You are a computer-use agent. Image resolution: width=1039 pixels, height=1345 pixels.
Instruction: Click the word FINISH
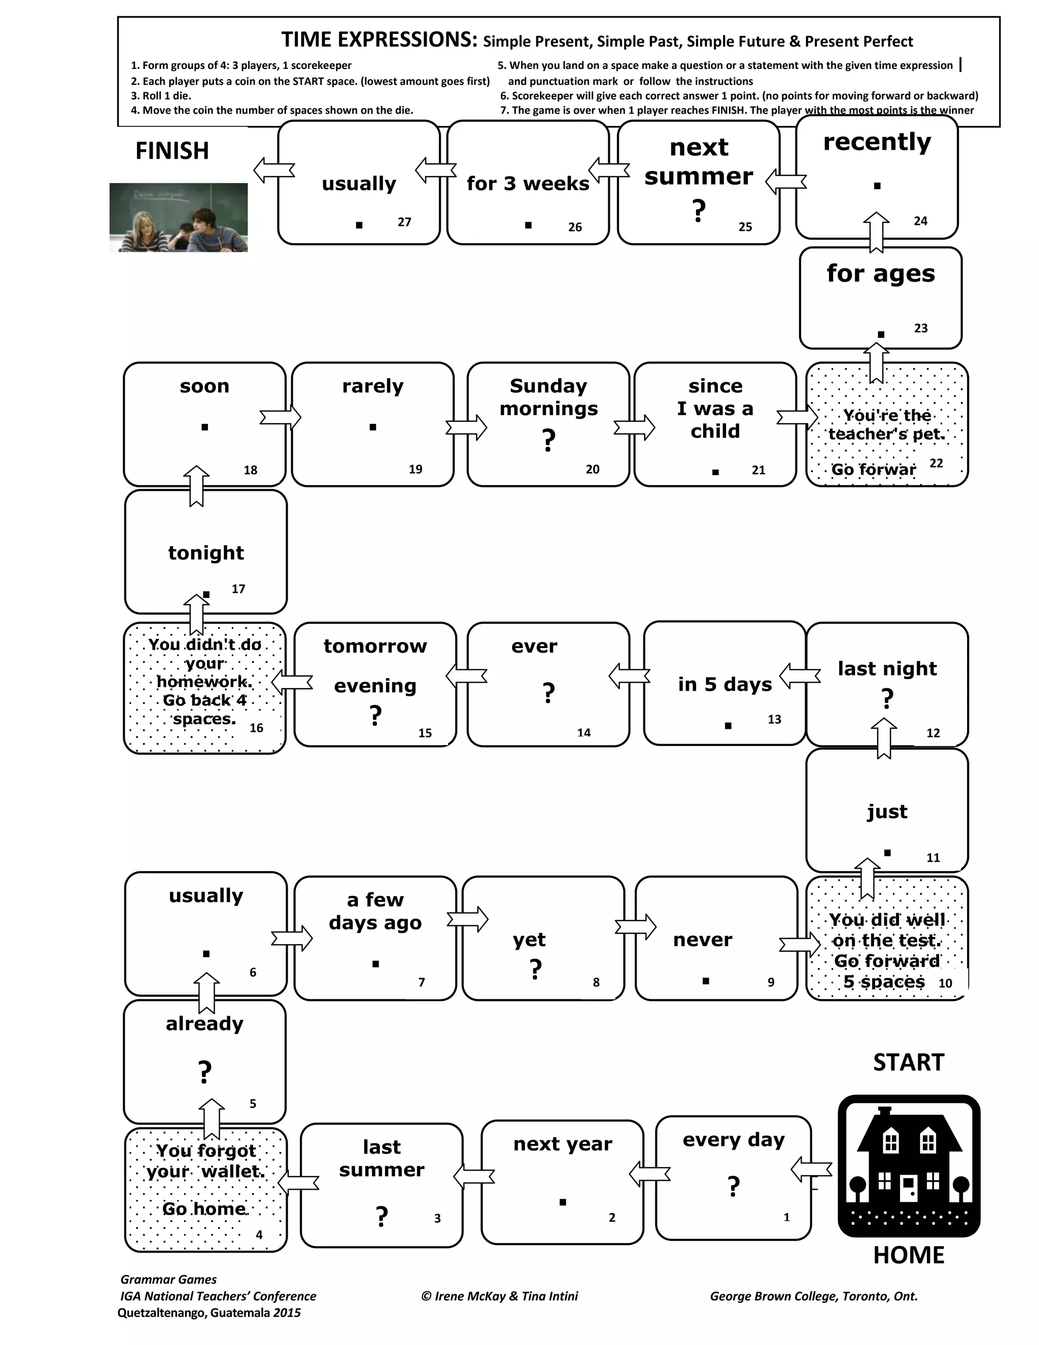[x=172, y=151]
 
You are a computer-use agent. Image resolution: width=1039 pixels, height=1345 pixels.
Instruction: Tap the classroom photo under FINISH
[x=179, y=217]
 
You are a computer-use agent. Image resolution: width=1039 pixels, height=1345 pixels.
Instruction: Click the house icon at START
[x=909, y=1165]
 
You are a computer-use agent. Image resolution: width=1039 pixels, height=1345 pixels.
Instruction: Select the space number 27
[x=404, y=222]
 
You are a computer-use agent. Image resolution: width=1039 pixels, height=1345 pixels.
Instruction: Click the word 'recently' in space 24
[x=877, y=142]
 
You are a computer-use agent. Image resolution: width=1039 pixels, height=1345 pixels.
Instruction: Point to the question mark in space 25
[x=698, y=211]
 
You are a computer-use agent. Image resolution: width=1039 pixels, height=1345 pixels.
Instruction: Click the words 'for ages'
[x=880, y=274]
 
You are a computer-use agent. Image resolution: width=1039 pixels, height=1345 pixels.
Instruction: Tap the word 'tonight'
[x=205, y=553]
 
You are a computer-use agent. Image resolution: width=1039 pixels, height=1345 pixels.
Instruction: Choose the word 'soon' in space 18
[x=204, y=386]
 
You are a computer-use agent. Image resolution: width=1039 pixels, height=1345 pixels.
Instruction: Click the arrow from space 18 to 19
[x=280, y=418]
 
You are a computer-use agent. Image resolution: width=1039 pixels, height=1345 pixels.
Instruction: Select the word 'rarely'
[x=372, y=386]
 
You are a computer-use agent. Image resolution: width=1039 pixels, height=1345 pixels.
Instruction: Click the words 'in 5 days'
[x=724, y=684]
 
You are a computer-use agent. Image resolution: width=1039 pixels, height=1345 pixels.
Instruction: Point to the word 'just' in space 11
[x=887, y=812]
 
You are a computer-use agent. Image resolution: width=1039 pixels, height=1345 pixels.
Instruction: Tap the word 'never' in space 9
[x=702, y=940]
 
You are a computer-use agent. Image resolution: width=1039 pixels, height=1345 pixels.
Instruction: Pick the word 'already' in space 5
[x=204, y=1024]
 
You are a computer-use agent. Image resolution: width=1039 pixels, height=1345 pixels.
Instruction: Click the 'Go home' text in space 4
[x=204, y=1208]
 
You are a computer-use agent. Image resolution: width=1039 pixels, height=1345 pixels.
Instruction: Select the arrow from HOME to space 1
[x=811, y=1169]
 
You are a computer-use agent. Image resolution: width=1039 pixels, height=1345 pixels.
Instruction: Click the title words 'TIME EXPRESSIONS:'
[x=379, y=40]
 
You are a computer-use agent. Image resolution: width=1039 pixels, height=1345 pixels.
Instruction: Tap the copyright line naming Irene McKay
[x=499, y=1296]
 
